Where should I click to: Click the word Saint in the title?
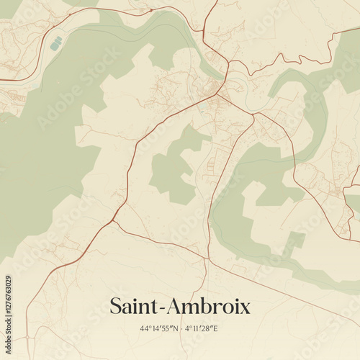click(134, 306)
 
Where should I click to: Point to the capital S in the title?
click(115, 306)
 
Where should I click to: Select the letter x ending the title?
click(245, 308)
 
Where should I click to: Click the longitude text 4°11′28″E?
click(202, 329)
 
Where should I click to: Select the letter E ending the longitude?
click(216, 329)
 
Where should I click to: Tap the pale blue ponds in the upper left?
click(55, 44)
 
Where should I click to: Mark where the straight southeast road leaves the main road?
click(116, 222)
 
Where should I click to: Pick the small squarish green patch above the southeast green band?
click(293, 242)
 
